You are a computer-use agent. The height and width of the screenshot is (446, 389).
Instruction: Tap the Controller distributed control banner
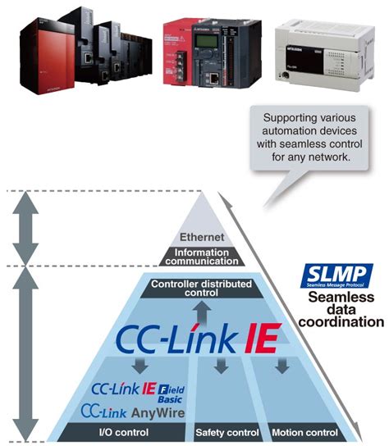(195, 289)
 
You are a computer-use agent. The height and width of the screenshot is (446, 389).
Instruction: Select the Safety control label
(223, 432)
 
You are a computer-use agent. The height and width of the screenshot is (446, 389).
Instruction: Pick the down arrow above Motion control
(281, 365)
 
